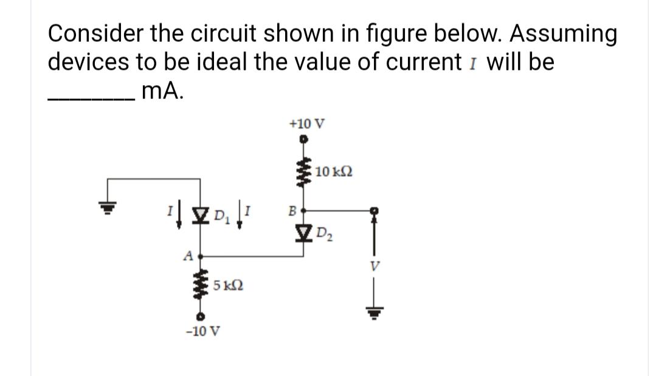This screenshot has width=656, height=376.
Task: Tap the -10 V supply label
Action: [x=203, y=332]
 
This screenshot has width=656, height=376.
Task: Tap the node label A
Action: [x=188, y=256]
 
